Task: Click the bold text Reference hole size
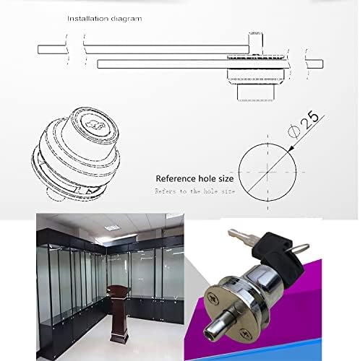(x=194, y=177)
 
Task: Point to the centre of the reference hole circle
(x=267, y=173)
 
